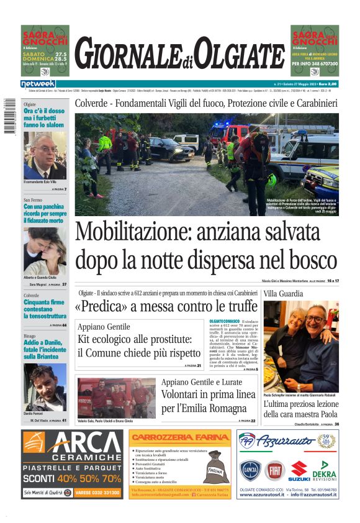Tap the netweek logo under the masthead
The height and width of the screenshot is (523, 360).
tap(38, 83)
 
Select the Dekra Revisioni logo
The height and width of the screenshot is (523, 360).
tap(323, 470)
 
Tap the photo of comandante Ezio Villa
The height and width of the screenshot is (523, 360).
tap(45, 155)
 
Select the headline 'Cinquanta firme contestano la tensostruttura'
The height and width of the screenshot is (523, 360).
tap(45, 309)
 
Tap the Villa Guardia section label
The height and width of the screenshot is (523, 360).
tap(284, 293)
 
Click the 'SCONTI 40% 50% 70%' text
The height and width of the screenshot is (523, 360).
tap(71, 478)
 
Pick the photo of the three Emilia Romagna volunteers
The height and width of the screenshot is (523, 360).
tap(117, 398)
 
